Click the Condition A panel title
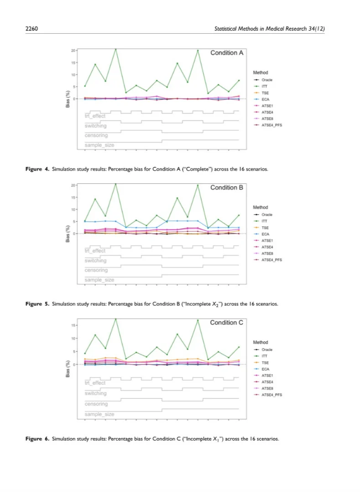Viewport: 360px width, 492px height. [x=226, y=53]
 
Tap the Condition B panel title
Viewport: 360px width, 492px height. [x=226, y=187]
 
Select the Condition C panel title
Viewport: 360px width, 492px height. [x=226, y=322]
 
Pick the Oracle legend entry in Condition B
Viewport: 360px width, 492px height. [x=267, y=214]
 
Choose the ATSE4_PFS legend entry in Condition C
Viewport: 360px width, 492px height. [x=271, y=395]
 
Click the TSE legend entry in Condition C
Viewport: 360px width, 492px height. [x=265, y=363]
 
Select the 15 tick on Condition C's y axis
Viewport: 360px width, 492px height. [x=73, y=326]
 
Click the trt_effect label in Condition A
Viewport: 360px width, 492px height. [x=95, y=116]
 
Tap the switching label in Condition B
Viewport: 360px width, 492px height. [x=96, y=260]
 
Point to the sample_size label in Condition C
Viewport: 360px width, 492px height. [x=99, y=414]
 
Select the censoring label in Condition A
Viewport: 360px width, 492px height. [x=96, y=135]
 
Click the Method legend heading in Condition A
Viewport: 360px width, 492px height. [x=261, y=73]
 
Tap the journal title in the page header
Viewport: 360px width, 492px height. [x=269, y=29]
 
